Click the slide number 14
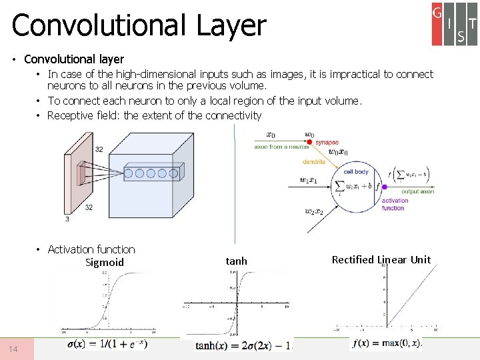(x=14, y=349)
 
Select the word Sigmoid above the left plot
(x=105, y=263)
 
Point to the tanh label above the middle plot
(x=236, y=261)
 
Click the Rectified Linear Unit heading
(x=381, y=259)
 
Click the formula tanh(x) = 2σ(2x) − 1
(x=243, y=346)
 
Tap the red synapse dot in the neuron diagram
(x=309, y=142)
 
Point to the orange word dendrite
(x=313, y=161)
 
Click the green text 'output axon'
(x=418, y=191)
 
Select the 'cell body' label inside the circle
(x=356, y=172)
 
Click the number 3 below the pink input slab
(x=67, y=219)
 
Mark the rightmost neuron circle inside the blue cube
(x=173, y=174)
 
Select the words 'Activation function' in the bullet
(x=91, y=249)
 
